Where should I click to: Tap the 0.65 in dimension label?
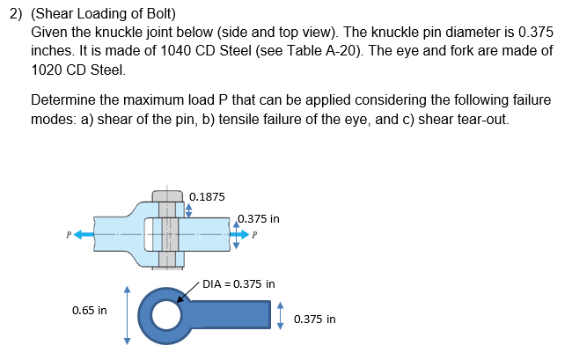pos(90,310)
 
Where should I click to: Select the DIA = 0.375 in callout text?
pos(238,284)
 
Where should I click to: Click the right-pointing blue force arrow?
pos(241,235)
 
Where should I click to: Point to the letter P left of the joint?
pos(67,235)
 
